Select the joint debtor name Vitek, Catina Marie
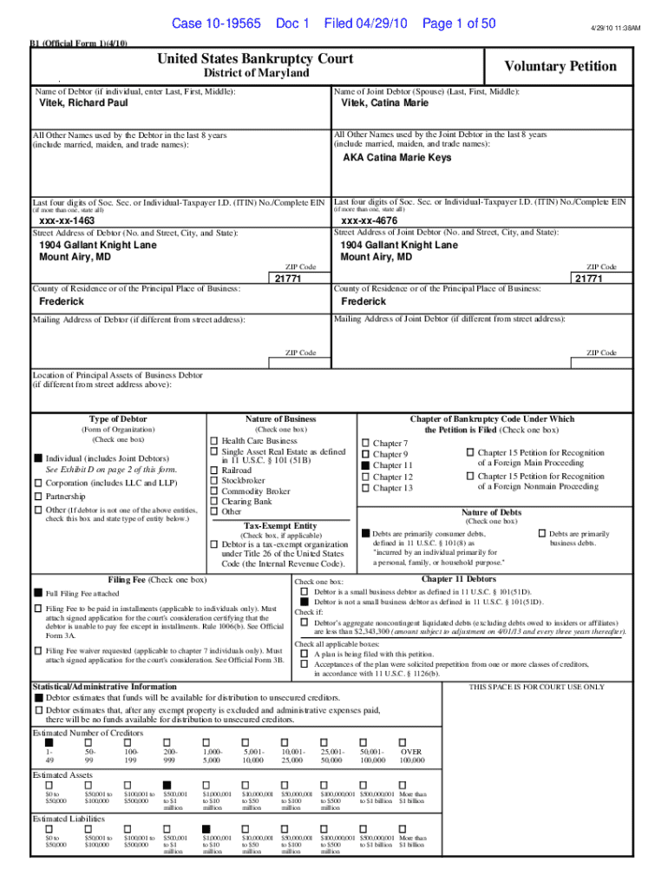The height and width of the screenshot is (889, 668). pyautogui.click(x=384, y=104)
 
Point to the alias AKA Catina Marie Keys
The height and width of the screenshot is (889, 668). pyautogui.click(x=396, y=158)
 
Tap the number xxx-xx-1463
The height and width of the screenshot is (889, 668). pyautogui.click(x=68, y=221)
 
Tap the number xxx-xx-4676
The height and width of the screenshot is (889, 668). pyautogui.click(x=369, y=221)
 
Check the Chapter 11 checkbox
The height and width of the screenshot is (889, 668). pyautogui.click(x=365, y=466)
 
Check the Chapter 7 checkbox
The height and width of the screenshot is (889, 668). pyautogui.click(x=365, y=444)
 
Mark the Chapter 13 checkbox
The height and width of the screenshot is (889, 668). pyautogui.click(x=365, y=489)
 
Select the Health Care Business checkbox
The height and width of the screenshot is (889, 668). pyautogui.click(x=214, y=441)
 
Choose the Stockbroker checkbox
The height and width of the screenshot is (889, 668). pyautogui.click(x=214, y=479)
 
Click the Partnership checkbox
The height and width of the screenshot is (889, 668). pyautogui.click(x=38, y=497)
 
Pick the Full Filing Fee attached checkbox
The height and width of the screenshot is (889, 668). pyautogui.click(x=38, y=593)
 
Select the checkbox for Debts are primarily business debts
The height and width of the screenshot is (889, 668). pyautogui.click(x=542, y=532)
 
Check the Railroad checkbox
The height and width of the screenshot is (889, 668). pyautogui.click(x=214, y=469)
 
